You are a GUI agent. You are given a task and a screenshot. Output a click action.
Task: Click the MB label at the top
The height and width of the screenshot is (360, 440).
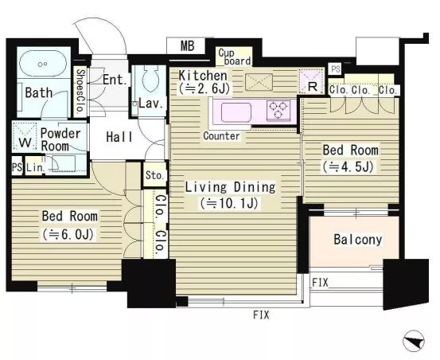coord(187,45)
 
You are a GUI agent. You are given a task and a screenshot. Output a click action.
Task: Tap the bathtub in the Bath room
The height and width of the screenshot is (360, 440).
coord(43,64)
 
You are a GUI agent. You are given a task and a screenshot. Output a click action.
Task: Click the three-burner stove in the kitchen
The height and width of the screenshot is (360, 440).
coord(278,110)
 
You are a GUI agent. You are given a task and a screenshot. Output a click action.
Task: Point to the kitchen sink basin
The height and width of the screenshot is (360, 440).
coord(236,112)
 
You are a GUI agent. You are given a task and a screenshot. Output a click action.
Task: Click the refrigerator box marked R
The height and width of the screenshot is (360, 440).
coord(312,81)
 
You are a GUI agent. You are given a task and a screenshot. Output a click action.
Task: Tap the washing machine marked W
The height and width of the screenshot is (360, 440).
coord(25,135)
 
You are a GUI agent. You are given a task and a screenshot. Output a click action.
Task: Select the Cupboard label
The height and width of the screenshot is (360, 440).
coord(234,57)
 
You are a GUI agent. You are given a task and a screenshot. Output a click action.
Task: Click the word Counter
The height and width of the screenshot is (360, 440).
coord(221,136)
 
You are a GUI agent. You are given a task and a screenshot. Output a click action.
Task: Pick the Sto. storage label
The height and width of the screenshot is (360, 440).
coord(154,175)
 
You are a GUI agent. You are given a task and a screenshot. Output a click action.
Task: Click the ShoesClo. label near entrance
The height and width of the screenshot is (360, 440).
coord(80,91)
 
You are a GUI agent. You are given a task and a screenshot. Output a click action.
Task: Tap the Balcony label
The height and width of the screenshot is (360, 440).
coord(358,240)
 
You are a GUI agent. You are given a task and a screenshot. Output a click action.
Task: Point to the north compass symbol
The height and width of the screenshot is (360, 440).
coord(414,341)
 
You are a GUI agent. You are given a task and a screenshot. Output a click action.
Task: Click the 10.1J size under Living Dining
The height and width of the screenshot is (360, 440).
coord(229,203)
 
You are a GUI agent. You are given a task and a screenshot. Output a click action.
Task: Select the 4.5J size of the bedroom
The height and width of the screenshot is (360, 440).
coord(348,166)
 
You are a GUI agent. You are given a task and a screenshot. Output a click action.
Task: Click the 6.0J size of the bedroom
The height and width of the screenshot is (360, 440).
coord(68,234)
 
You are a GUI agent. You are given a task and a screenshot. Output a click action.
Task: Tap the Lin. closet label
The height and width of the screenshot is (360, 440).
coord(36,167)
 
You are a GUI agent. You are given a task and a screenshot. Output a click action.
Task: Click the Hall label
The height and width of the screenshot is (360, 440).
coord(119,137)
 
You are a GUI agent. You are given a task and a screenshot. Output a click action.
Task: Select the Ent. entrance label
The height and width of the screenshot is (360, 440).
coord(115,80)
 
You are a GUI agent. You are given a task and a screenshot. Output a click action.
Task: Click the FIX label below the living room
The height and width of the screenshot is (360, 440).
coord(261,315)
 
